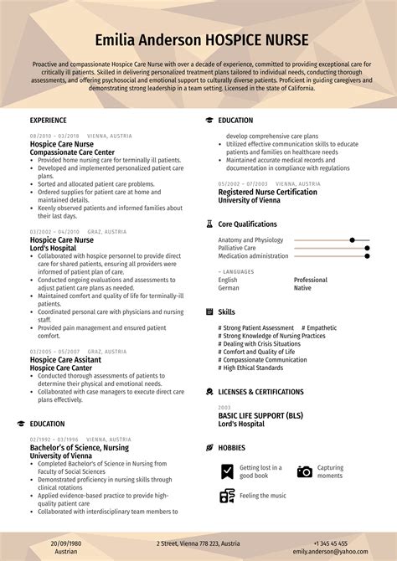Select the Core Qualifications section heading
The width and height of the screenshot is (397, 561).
(x=247, y=224)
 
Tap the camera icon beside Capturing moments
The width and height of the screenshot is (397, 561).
(x=304, y=472)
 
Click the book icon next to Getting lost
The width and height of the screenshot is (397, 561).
(x=227, y=472)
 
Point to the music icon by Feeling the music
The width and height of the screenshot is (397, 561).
(x=227, y=496)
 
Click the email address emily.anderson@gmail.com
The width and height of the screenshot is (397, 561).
(x=342, y=553)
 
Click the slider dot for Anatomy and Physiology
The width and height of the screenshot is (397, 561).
(x=353, y=240)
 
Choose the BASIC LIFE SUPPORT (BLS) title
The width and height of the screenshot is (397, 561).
(x=260, y=415)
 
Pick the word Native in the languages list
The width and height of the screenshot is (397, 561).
(x=302, y=288)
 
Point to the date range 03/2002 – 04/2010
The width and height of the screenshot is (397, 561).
(x=54, y=232)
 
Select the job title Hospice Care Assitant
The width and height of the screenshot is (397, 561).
(x=66, y=359)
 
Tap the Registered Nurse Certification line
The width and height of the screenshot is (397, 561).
(x=267, y=193)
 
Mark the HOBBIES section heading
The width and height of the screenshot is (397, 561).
(x=232, y=448)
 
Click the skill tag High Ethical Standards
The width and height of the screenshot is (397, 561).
(x=252, y=368)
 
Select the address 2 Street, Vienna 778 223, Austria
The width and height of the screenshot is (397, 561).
(x=199, y=543)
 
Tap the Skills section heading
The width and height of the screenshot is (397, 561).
(x=226, y=311)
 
